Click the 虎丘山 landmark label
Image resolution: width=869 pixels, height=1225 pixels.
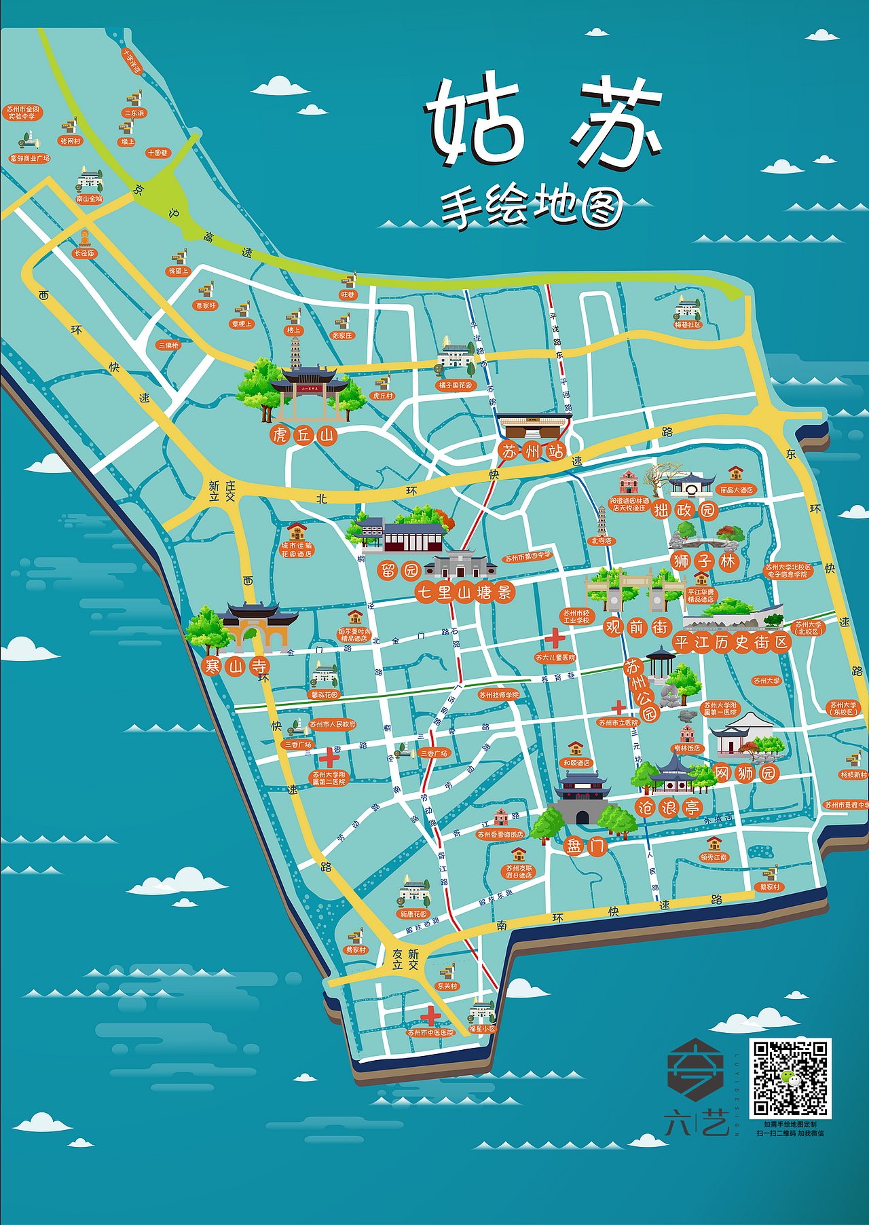303,434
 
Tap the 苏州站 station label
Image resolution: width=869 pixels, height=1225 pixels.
533,451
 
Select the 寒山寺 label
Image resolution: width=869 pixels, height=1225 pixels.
236,666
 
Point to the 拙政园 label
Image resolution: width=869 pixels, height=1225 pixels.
684,510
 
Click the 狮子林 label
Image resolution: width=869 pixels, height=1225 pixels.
704,561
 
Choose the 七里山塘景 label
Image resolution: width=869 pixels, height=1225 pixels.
464,592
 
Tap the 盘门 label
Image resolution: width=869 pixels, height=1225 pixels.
586,846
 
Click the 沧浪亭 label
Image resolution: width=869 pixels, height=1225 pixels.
669,807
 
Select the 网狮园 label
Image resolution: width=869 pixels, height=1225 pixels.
745,773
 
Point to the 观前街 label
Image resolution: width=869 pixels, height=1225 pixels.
636,626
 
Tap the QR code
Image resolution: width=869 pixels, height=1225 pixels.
790,1078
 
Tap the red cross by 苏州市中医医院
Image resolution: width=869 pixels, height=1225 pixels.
430,1016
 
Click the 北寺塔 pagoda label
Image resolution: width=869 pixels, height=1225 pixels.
601,541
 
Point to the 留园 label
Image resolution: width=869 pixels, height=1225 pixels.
399,570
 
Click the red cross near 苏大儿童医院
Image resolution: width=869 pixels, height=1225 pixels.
555,638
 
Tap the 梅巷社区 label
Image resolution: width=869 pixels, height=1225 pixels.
687,325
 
